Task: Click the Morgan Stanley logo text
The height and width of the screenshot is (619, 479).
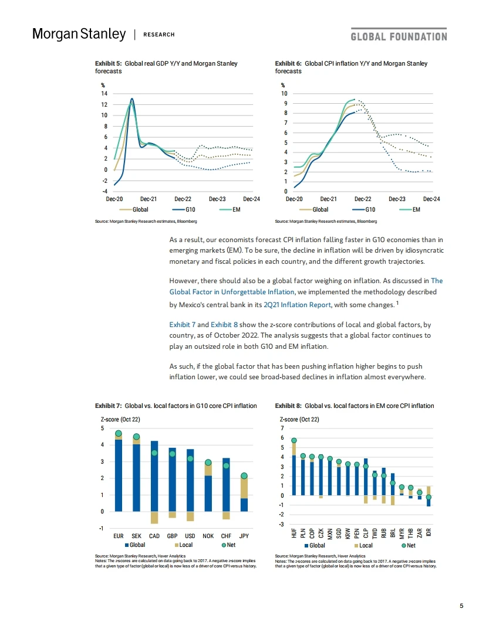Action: point(79,35)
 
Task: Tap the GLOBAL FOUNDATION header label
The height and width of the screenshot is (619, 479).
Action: point(399,36)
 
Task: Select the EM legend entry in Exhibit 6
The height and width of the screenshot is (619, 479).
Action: point(411,209)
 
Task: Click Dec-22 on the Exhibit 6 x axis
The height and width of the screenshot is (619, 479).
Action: point(363,199)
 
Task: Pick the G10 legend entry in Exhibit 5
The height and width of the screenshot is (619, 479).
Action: point(184,209)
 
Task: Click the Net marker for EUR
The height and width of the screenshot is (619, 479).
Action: point(118,434)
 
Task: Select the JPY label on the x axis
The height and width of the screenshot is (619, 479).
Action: point(244,535)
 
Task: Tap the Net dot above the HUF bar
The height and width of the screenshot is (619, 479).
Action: point(294,440)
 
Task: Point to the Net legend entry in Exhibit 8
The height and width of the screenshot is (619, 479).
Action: point(407,545)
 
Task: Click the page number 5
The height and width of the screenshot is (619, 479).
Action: point(461,606)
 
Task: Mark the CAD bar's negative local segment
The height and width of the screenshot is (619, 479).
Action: point(154,517)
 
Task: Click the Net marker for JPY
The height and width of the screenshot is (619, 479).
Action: point(244,476)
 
